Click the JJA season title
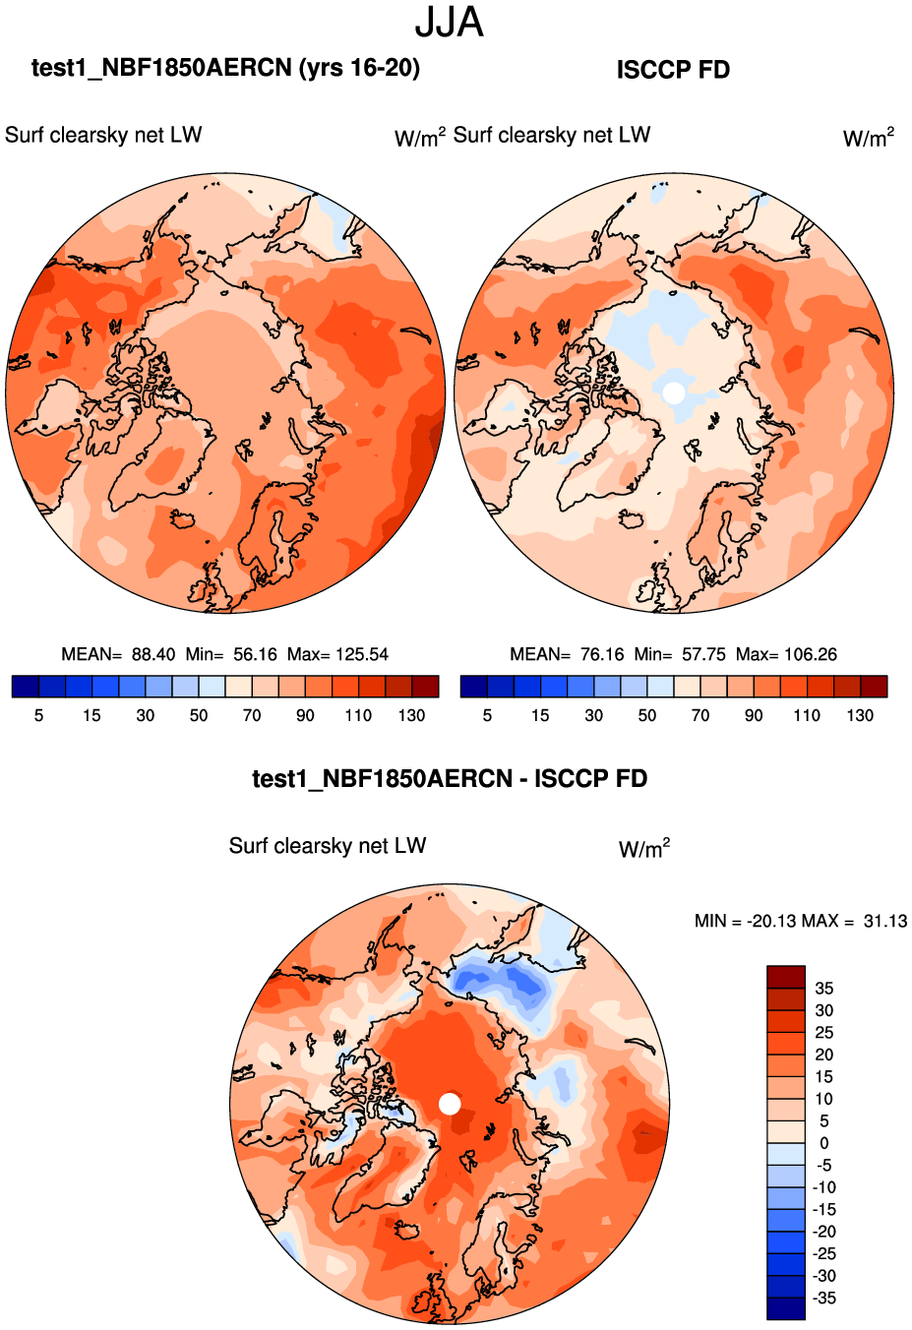point(449,23)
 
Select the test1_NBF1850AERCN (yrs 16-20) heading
point(225,68)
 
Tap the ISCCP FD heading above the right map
point(673,70)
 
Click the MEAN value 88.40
point(153,654)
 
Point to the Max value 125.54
point(362,654)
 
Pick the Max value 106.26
point(810,654)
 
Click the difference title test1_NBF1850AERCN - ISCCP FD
point(450,779)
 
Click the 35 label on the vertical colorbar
point(824,989)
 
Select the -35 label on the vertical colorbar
point(824,1299)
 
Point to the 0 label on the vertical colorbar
point(824,1143)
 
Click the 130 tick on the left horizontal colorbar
point(411,715)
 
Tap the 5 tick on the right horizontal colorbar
point(487,715)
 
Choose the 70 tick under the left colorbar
point(252,715)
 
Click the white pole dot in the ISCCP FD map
point(674,393)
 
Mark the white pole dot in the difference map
point(450,1104)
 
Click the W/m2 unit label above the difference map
point(644,848)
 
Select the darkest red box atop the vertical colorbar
point(786,977)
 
